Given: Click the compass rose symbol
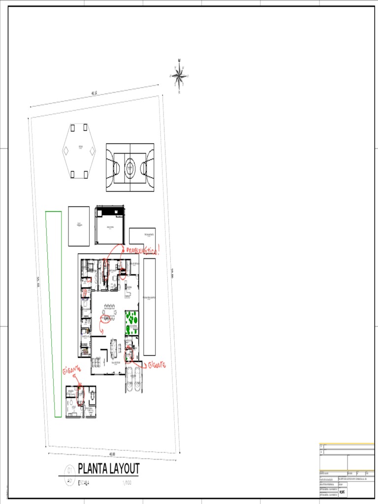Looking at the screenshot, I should tap(179, 76).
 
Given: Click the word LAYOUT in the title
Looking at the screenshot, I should tap(125, 469).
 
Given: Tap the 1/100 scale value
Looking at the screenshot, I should tap(127, 483).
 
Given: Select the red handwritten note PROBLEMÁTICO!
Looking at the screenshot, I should tap(143, 251).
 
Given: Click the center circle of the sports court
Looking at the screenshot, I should tap(130, 168).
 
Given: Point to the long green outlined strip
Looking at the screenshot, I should tap(54, 314).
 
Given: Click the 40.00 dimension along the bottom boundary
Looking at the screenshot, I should tap(105, 454).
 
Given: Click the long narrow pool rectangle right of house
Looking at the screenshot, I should tap(149, 306).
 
